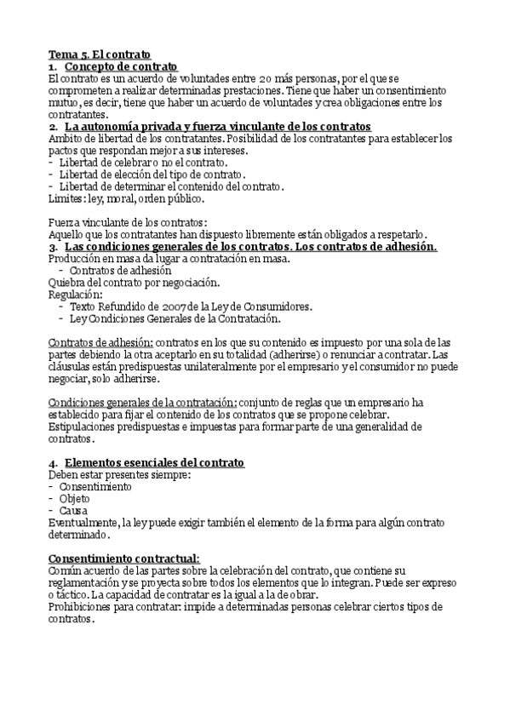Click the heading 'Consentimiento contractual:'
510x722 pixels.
(124, 557)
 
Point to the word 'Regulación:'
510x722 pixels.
(75, 294)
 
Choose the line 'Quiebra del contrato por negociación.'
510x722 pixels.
(134, 282)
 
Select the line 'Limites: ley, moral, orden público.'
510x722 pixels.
(126, 198)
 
